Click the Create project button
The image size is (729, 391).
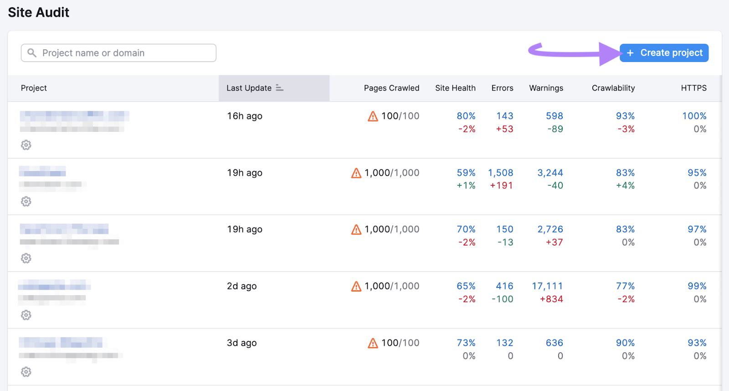(664, 53)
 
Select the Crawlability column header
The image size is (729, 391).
(613, 88)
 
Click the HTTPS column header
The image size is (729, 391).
(693, 88)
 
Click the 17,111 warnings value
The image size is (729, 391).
(547, 286)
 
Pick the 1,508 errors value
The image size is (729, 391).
(500, 173)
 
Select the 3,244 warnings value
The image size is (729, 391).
(550, 173)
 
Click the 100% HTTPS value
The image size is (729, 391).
(694, 116)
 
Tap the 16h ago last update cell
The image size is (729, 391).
(245, 116)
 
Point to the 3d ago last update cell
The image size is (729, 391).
(241, 343)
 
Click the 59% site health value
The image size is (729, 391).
(466, 173)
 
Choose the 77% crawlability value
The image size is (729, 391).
(625, 286)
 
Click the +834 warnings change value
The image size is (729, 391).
(551, 299)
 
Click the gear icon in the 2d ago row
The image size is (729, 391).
(26, 315)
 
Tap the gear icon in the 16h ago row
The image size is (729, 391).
(26, 145)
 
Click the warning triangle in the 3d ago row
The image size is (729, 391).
(373, 343)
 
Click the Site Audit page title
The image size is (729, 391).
(39, 12)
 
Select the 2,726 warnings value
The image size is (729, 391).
(550, 229)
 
